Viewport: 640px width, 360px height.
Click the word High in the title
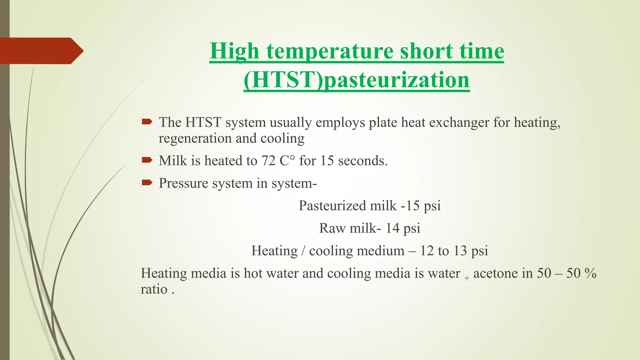[x=234, y=51]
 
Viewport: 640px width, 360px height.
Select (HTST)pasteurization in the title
[x=356, y=80]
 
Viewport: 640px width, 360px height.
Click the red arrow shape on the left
[x=41, y=51]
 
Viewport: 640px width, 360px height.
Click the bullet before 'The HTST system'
[x=147, y=122]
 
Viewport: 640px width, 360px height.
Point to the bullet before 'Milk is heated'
[x=147, y=160]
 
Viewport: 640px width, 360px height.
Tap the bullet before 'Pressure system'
[x=147, y=182]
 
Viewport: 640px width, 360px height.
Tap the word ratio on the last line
[x=154, y=289]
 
